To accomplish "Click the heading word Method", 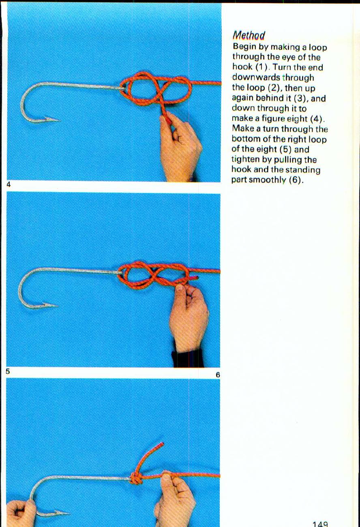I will pyautogui.click(x=249, y=35).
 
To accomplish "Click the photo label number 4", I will pyautogui.click(x=9, y=184).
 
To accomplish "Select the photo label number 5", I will pyautogui.click(x=8, y=371).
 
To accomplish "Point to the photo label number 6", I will pyautogui.click(x=217, y=375).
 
